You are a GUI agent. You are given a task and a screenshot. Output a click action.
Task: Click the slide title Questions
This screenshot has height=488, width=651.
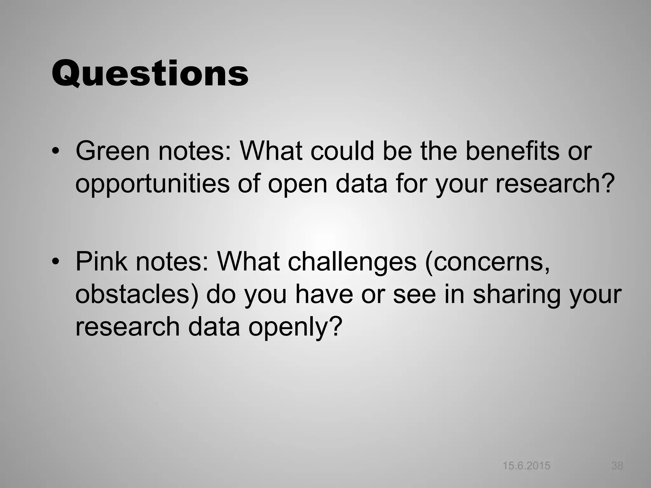coord(150,74)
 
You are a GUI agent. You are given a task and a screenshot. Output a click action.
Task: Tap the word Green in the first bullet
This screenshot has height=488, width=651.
coord(113,151)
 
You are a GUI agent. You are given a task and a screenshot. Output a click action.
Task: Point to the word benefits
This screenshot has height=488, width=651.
coord(512,151)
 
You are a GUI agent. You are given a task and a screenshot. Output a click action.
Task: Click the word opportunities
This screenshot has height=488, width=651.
coord(152,184)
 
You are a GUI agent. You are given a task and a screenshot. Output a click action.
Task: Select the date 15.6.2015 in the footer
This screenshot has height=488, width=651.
coord(526,466)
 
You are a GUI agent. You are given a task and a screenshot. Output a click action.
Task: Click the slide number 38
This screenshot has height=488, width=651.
coord(617,466)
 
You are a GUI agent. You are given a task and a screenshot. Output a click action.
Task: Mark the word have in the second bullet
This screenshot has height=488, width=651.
coord(324,295)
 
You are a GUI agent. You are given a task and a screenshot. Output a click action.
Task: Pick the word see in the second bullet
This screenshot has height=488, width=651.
coord(415,295)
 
